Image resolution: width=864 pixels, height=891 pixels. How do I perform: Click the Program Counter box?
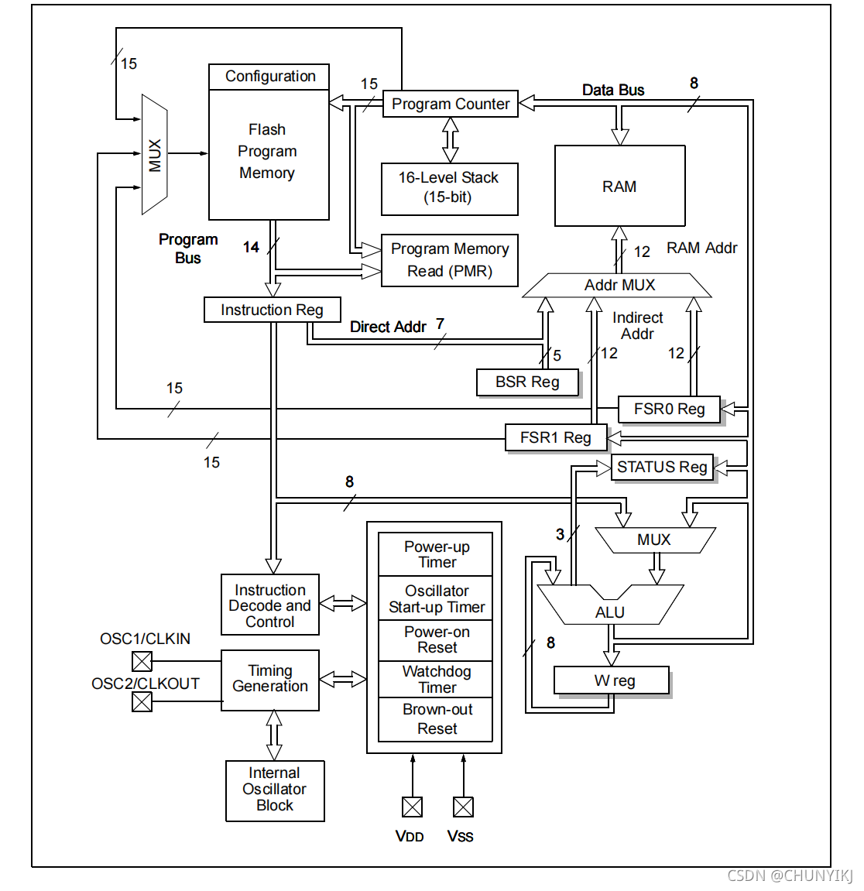click(450, 104)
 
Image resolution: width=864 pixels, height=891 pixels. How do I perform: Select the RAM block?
click(619, 186)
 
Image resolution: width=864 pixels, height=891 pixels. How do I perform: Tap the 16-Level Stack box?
click(449, 188)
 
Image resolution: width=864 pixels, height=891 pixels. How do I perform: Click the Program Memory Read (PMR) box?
click(449, 260)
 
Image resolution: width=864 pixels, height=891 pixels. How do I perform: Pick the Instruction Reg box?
click(272, 310)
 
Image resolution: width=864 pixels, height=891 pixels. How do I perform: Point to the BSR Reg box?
click(527, 382)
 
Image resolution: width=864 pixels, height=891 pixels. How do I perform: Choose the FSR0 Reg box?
click(669, 409)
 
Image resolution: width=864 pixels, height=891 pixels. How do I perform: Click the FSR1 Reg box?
click(555, 437)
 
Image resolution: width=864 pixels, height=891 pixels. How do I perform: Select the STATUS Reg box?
click(662, 467)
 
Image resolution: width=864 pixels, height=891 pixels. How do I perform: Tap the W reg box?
click(612, 680)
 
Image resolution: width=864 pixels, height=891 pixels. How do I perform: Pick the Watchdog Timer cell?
click(436, 679)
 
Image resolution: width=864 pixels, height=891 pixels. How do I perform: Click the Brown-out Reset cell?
click(436, 719)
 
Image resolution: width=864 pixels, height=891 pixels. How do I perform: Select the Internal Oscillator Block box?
click(275, 790)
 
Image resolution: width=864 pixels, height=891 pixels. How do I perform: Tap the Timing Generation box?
click(270, 679)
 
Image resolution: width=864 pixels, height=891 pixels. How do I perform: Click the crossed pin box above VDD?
click(413, 807)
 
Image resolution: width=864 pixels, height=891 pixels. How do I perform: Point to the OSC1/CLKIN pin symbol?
click(142, 661)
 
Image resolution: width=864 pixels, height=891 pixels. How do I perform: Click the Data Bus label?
click(613, 90)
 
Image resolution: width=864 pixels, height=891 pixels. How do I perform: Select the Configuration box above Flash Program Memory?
click(269, 77)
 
